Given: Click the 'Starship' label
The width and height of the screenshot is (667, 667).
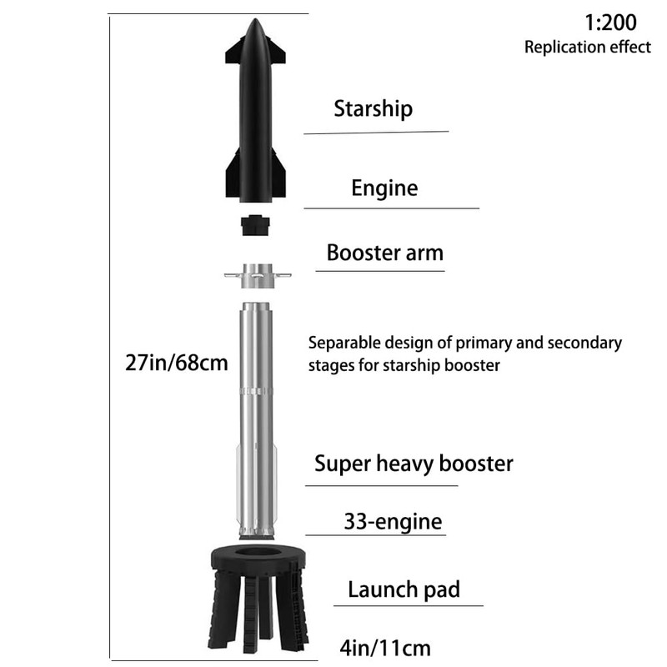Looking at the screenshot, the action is click(373, 108).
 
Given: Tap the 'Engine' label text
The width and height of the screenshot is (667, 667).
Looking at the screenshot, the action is click(384, 188).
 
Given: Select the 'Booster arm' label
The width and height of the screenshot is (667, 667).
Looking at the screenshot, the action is click(384, 253).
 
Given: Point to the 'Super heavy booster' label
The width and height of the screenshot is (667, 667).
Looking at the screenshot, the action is click(414, 464).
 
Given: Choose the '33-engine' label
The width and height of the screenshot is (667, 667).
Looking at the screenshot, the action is click(393, 523).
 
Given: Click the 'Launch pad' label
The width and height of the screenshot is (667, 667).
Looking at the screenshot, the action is click(404, 590).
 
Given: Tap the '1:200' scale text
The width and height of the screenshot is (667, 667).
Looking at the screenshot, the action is click(610, 21).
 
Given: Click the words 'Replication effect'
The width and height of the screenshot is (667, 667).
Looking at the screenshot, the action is click(587, 47).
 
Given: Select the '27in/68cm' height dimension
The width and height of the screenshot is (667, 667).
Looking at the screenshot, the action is click(175, 364).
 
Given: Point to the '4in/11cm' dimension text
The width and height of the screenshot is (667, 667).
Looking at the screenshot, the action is click(386, 646).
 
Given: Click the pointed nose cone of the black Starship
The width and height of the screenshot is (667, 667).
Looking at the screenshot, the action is click(256, 33).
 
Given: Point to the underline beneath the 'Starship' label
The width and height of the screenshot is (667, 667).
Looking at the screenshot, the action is click(376, 132).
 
